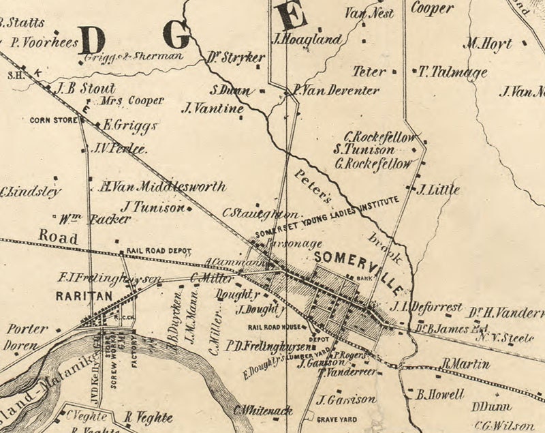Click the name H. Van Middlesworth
[x=162, y=187]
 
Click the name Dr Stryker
[x=235, y=58]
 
